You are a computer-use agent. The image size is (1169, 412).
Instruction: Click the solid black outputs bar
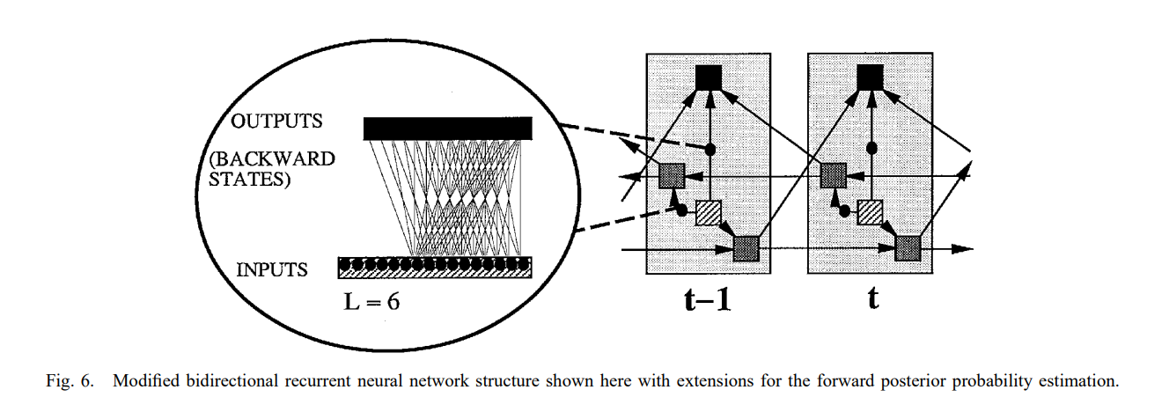447,129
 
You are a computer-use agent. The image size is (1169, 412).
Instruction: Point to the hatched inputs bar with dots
435,267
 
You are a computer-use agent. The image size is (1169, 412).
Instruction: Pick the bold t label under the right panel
872,299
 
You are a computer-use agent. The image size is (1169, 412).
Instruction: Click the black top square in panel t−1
708,77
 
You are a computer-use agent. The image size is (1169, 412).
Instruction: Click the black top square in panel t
870,77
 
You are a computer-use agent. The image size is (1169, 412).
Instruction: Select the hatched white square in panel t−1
709,213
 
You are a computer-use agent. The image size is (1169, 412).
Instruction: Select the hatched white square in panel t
871,213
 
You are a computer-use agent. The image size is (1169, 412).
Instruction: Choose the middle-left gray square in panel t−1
672,176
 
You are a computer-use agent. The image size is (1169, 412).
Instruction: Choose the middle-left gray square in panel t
833,176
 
